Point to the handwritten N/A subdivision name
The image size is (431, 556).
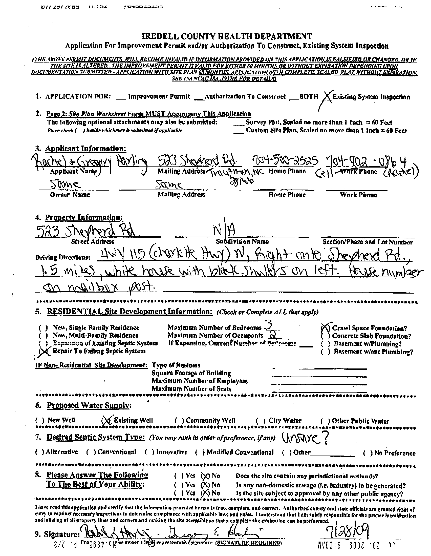[x=224, y=231]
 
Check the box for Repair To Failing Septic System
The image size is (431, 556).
[x=43, y=351]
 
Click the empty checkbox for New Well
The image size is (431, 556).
[x=40, y=420]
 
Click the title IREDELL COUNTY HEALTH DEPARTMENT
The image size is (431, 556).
[x=226, y=36]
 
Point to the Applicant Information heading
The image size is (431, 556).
[x=85, y=148]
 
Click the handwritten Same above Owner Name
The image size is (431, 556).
[x=65, y=184]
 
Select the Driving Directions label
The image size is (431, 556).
[x=63, y=257]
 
